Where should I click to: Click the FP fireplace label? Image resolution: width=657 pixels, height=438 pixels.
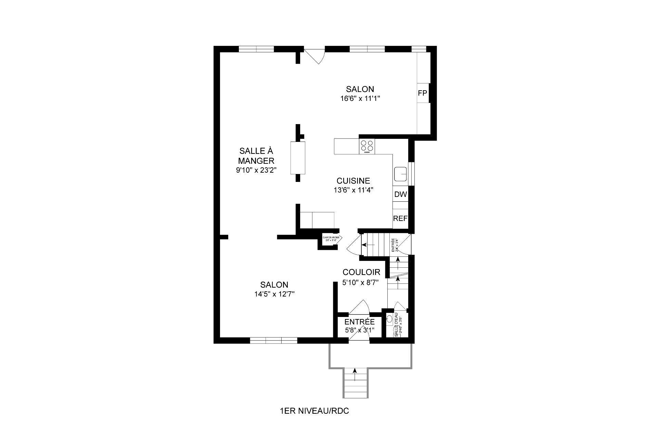(423, 93)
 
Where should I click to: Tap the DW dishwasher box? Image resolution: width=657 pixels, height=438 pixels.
(400, 194)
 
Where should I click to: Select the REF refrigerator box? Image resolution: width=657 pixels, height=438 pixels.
(400, 218)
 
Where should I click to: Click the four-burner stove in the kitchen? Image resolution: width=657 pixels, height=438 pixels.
(367, 146)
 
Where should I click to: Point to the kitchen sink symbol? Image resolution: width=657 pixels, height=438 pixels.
(400, 174)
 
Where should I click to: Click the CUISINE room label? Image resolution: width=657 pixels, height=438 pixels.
(353, 181)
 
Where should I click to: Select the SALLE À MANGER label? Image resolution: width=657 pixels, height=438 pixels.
(256, 156)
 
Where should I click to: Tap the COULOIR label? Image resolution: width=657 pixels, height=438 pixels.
(361, 272)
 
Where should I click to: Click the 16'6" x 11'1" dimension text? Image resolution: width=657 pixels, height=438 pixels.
(360, 98)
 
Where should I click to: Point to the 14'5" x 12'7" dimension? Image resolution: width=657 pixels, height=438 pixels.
(274, 294)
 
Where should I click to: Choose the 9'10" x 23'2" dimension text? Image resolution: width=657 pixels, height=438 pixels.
(256, 170)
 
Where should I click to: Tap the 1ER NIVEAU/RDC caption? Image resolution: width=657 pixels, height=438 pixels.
(314, 411)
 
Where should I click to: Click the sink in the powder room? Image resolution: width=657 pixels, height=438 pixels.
(389, 319)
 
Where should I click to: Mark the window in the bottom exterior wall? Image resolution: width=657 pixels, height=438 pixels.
(273, 340)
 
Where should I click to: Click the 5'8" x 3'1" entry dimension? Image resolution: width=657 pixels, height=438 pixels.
(359, 330)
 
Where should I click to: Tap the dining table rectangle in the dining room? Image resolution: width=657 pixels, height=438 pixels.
(298, 158)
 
